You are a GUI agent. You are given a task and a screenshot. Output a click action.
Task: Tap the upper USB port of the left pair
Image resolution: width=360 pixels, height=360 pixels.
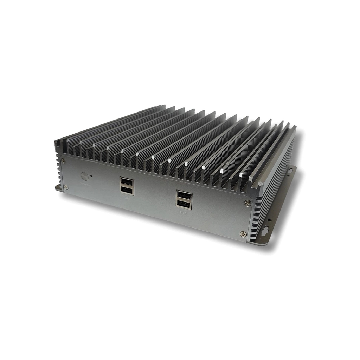[127, 182]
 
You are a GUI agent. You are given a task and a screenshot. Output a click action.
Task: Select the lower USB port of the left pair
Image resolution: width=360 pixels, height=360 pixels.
[127, 191]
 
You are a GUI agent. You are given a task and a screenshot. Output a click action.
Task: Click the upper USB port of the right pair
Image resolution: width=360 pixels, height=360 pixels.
[184, 195]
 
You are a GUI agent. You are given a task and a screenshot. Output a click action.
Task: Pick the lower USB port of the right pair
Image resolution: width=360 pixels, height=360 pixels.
[184, 205]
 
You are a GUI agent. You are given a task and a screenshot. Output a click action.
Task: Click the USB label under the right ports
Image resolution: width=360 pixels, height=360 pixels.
[184, 213]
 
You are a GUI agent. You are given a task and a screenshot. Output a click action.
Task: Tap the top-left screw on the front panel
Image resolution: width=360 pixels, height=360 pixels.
[63, 161]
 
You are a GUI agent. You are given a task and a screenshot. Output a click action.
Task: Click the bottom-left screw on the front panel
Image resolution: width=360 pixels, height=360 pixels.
[66, 187]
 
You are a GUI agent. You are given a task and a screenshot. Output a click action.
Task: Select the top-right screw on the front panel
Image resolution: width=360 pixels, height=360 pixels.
[247, 202]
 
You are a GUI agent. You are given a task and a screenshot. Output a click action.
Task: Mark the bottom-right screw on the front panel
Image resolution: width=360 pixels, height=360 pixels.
[243, 234]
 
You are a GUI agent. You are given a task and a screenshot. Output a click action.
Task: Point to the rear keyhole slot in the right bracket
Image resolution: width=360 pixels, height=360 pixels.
[290, 171]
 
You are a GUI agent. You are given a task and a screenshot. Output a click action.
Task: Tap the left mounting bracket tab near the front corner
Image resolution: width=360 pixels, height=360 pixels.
[58, 188]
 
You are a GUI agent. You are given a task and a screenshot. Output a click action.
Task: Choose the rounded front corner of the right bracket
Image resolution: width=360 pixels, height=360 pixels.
[262, 243]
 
